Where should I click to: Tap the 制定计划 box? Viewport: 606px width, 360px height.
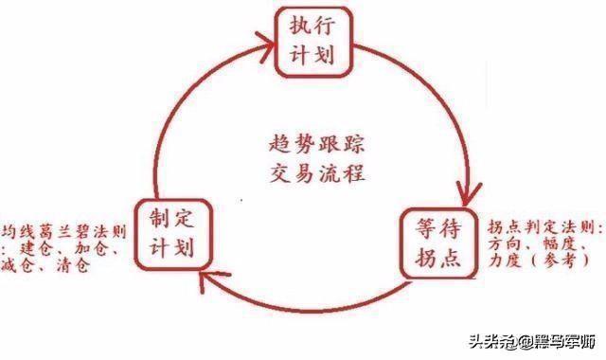click(171, 233)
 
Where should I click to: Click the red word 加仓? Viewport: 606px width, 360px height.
click(94, 248)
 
